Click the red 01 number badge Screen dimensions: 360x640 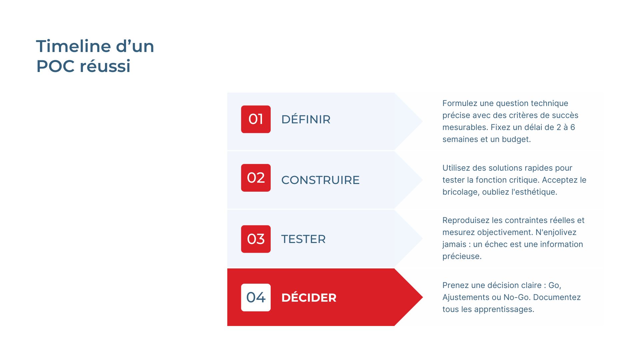point(256,119)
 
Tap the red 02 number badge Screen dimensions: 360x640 point(256,178)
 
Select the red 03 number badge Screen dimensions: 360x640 point(256,239)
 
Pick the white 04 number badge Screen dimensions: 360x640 point(256,297)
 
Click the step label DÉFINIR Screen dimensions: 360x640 point(306,119)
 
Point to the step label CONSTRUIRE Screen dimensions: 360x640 point(320,180)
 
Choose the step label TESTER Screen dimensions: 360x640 point(303,239)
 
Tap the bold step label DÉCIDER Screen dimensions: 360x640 point(309,298)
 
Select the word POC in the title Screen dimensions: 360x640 point(55,66)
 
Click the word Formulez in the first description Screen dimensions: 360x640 point(460,104)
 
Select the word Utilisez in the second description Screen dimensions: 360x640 point(456,168)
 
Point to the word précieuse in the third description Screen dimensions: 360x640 point(462,256)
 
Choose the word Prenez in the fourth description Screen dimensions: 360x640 point(454,285)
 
